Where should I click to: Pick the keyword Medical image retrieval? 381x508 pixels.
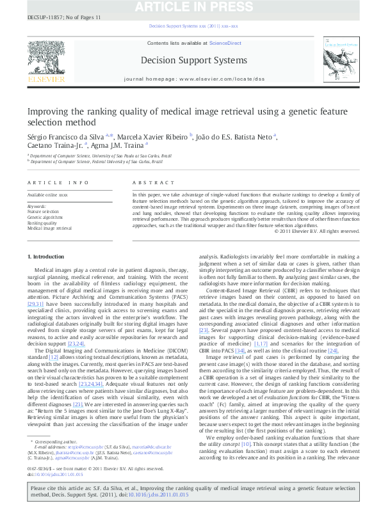click(49, 228)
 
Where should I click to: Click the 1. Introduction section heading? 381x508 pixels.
click(47, 256)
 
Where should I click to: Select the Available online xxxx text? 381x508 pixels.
click(47, 193)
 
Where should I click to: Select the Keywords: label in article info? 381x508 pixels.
click(36, 207)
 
